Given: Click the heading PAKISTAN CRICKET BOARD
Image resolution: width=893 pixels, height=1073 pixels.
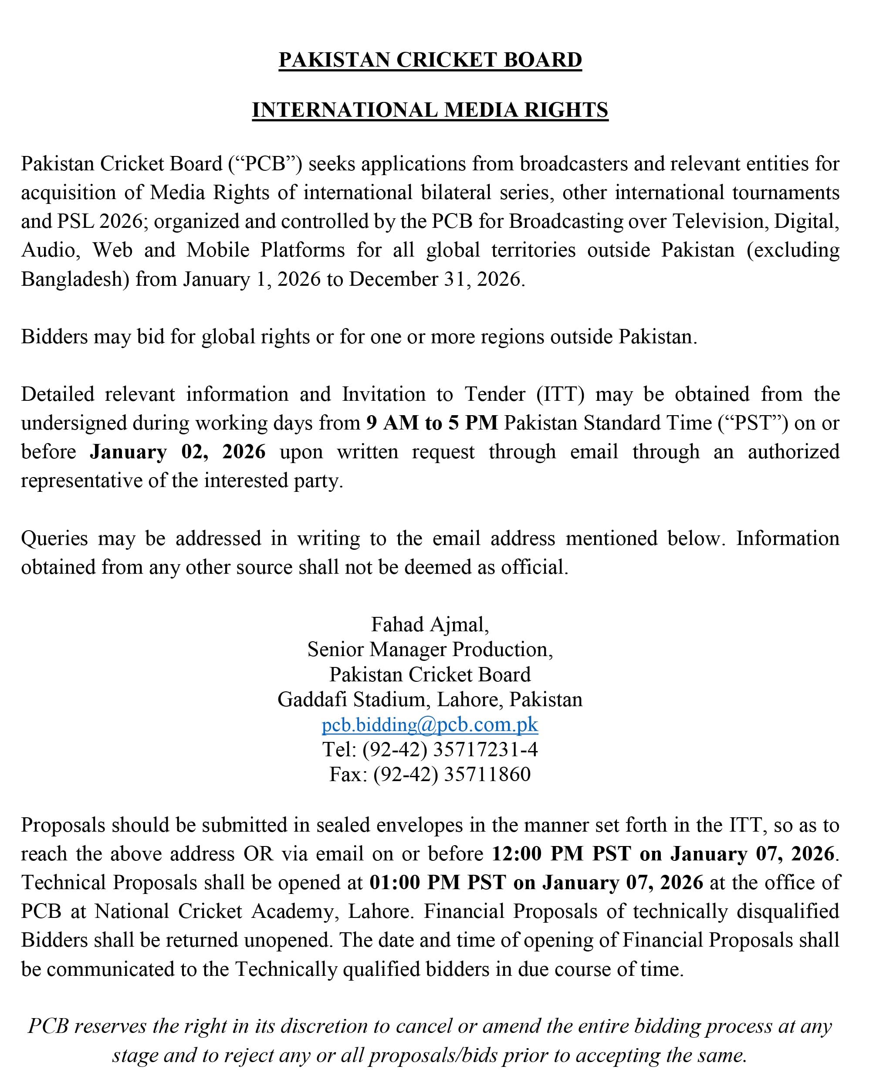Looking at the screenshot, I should (430, 60).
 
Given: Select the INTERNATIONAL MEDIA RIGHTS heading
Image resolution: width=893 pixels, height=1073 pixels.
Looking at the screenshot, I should (430, 110).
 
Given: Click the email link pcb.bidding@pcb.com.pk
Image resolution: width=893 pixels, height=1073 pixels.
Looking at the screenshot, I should (430, 724).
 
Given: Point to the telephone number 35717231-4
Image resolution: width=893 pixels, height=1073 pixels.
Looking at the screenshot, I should (485, 750).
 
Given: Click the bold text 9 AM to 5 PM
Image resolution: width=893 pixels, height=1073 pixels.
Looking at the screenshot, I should (432, 423).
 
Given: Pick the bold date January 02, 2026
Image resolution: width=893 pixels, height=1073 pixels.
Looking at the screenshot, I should (178, 452).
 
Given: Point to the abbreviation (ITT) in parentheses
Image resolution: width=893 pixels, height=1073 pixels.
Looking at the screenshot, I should (561, 394).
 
